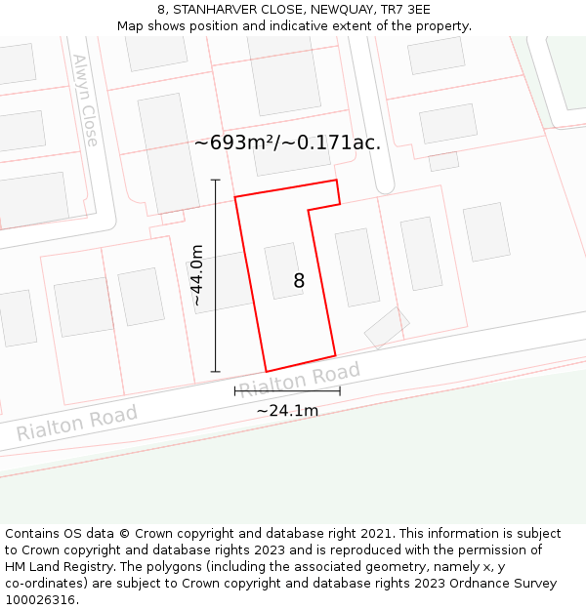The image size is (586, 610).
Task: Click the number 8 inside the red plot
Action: [x=299, y=281]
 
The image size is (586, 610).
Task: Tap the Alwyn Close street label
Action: [x=85, y=100]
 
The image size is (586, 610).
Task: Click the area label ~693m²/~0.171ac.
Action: [x=287, y=142]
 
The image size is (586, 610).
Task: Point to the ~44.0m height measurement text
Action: [x=197, y=276]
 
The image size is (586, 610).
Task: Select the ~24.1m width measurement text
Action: [x=287, y=411]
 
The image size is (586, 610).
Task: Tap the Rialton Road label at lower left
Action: [x=77, y=423]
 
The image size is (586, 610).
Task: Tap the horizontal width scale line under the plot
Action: [x=287, y=391]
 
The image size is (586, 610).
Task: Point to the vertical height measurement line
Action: [x=216, y=276]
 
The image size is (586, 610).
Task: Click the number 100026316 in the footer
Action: [x=38, y=600]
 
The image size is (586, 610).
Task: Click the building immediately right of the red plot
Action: [x=357, y=266]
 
